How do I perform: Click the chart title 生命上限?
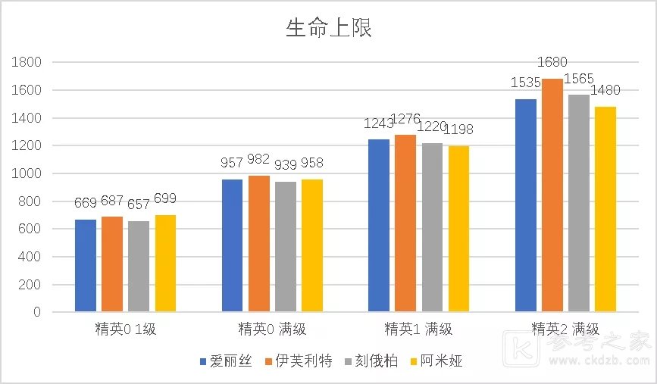(328, 29)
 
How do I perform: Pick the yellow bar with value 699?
(165, 263)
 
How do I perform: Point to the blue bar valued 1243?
(379, 225)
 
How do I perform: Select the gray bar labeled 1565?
(579, 203)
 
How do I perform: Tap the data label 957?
(233, 164)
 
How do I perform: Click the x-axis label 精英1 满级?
(418, 329)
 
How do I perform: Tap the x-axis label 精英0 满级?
(272, 329)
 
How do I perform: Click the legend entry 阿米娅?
(435, 361)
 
